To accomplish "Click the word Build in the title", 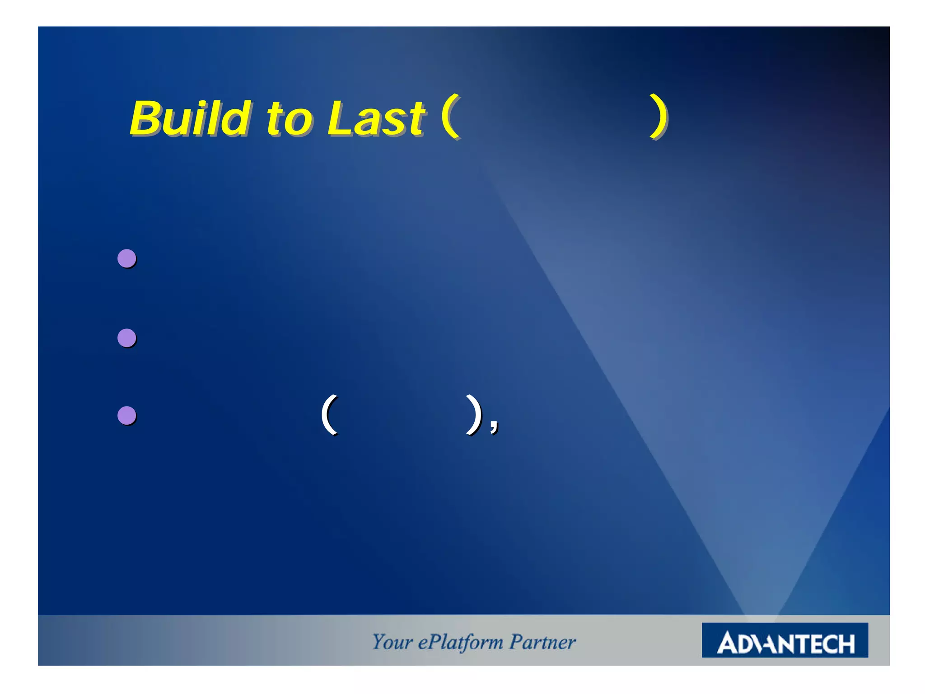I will tap(190, 118).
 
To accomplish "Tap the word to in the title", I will tap(288, 120).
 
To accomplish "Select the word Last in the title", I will tap(375, 118).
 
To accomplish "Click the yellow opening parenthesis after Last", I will tap(451, 117).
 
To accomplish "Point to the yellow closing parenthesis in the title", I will tap(659, 117).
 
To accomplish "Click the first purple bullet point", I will tap(127, 258).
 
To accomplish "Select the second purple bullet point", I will tap(127, 338).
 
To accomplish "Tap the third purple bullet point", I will tap(127, 416).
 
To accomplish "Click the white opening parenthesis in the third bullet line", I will tap(329, 414).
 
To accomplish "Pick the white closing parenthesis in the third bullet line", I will tap(473, 414).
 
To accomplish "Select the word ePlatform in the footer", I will tap(460, 642).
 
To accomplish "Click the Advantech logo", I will tap(785, 640).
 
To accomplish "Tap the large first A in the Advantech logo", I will tap(728, 642).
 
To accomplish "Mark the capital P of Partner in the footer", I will tap(516, 642).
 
